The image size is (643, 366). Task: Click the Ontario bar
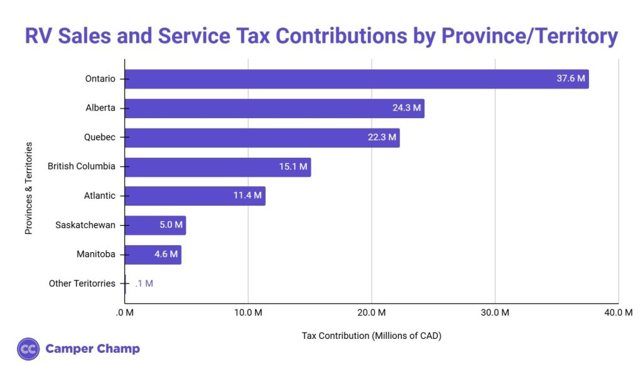coord(356,79)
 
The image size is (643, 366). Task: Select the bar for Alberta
coord(274,108)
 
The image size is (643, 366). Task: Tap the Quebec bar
coord(262,137)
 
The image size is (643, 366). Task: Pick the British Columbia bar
coord(217,167)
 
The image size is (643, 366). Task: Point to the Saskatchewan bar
coord(155,225)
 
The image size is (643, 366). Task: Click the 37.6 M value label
coord(571,79)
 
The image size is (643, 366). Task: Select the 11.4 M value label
coord(247,196)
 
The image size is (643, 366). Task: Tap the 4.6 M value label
coord(166,254)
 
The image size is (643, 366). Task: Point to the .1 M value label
coord(144,284)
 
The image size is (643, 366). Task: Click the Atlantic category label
coord(100,196)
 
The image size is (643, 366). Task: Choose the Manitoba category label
coord(96,254)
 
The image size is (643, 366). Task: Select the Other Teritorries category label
coord(82,284)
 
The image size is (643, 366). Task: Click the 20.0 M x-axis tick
coord(371,313)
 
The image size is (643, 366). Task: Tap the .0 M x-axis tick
coord(125,313)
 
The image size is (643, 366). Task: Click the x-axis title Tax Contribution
coord(371,335)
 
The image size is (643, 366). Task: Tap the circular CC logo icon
coord(28,348)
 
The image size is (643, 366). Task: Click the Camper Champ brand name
coord(92,348)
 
